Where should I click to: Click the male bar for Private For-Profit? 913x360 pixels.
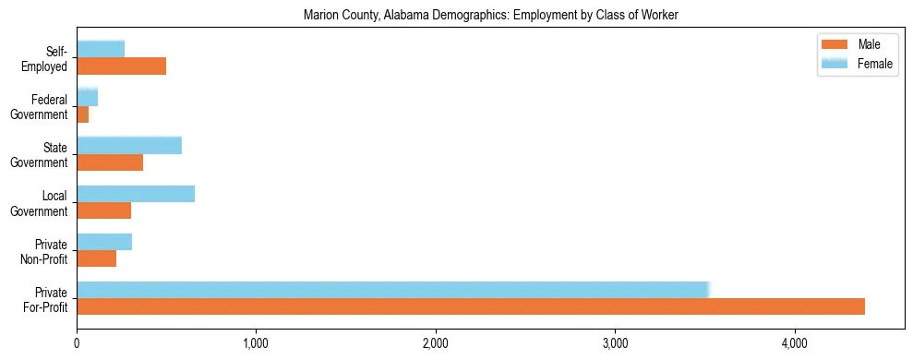point(471,306)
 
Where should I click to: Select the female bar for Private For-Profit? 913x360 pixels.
point(392,289)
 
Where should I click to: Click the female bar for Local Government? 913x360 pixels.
point(136,193)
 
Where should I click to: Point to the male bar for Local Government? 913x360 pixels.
point(103,210)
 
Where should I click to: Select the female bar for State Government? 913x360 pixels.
point(129,145)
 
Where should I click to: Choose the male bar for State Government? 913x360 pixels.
point(110,162)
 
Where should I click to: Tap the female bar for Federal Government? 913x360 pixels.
point(88,97)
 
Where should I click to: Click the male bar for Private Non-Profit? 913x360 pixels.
point(96,258)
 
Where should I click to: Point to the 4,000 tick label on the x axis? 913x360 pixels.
point(794,343)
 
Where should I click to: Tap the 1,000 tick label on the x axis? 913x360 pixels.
point(256,343)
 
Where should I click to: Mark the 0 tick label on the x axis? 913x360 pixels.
point(77,343)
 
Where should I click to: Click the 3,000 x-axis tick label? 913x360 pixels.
point(615,343)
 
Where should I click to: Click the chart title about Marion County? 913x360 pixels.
point(490,15)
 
